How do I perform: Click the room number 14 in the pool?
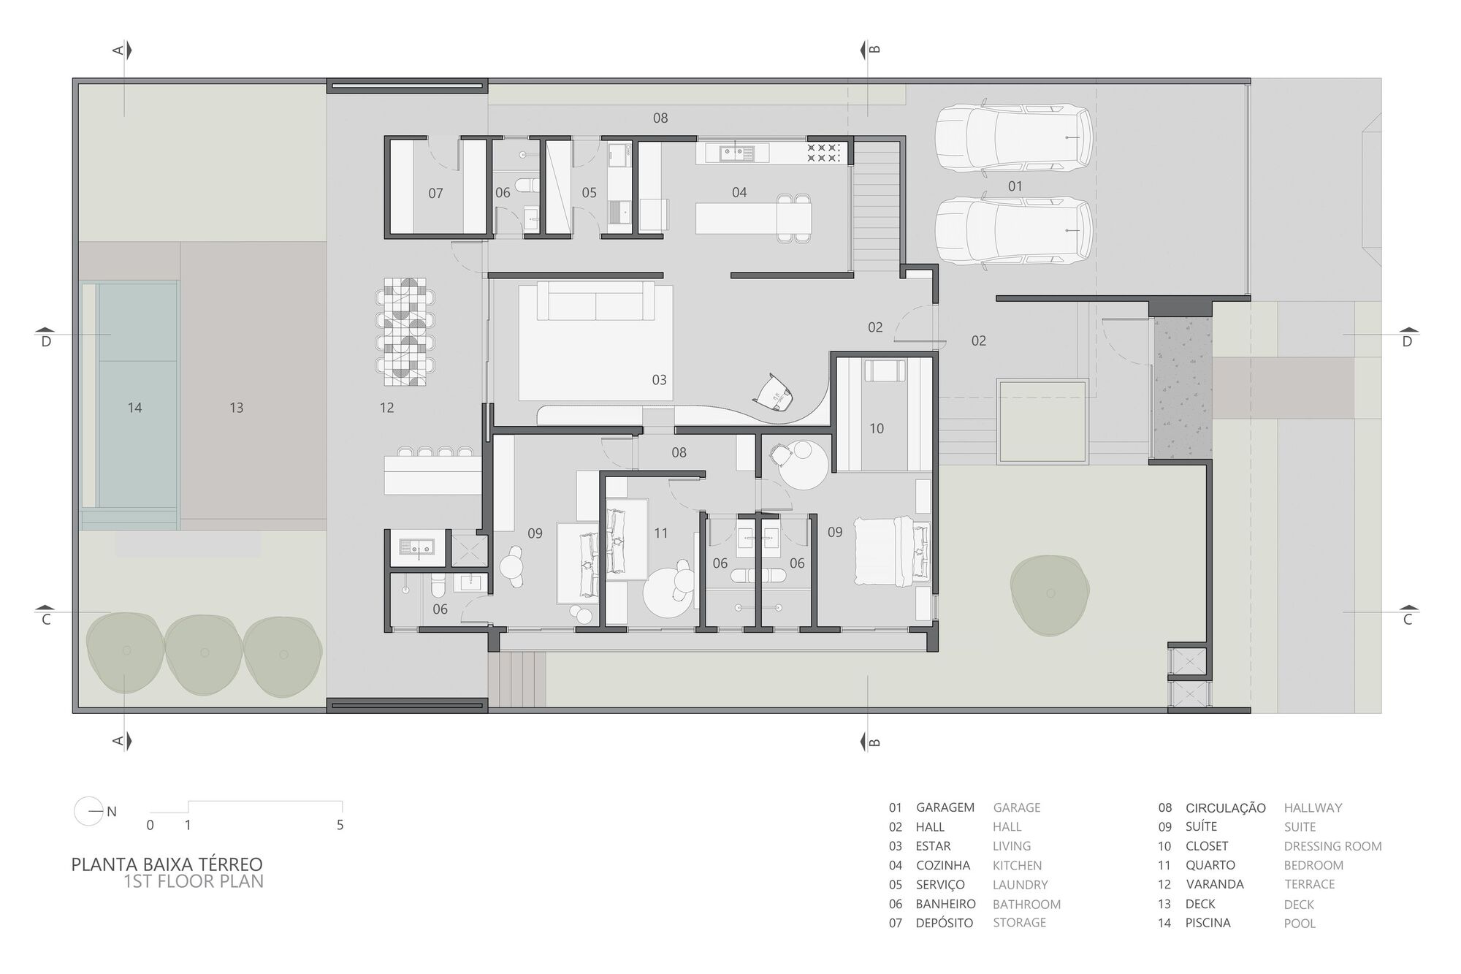click(x=134, y=408)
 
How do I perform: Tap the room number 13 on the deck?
click(x=236, y=408)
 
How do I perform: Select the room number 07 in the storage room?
click(x=435, y=194)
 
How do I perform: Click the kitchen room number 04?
click(x=739, y=192)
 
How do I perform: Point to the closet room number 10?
click(x=877, y=429)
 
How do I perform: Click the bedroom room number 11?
click(x=661, y=533)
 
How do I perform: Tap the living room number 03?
click(x=659, y=380)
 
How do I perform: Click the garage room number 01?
click(x=1015, y=186)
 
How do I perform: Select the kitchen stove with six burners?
click(x=823, y=153)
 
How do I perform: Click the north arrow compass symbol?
click(x=89, y=811)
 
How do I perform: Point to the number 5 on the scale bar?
click(x=340, y=825)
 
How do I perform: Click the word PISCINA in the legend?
click(x=1208, y=923)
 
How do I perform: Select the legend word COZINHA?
click(x=942, y=865)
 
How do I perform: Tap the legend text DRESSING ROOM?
click(x=1332, y=846)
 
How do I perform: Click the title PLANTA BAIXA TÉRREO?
click(x=167, y=864)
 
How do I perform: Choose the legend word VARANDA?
click(x=1214, y=884)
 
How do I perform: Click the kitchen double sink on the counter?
click(x=736, y=153)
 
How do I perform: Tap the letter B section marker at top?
click(x=874, y=50)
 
